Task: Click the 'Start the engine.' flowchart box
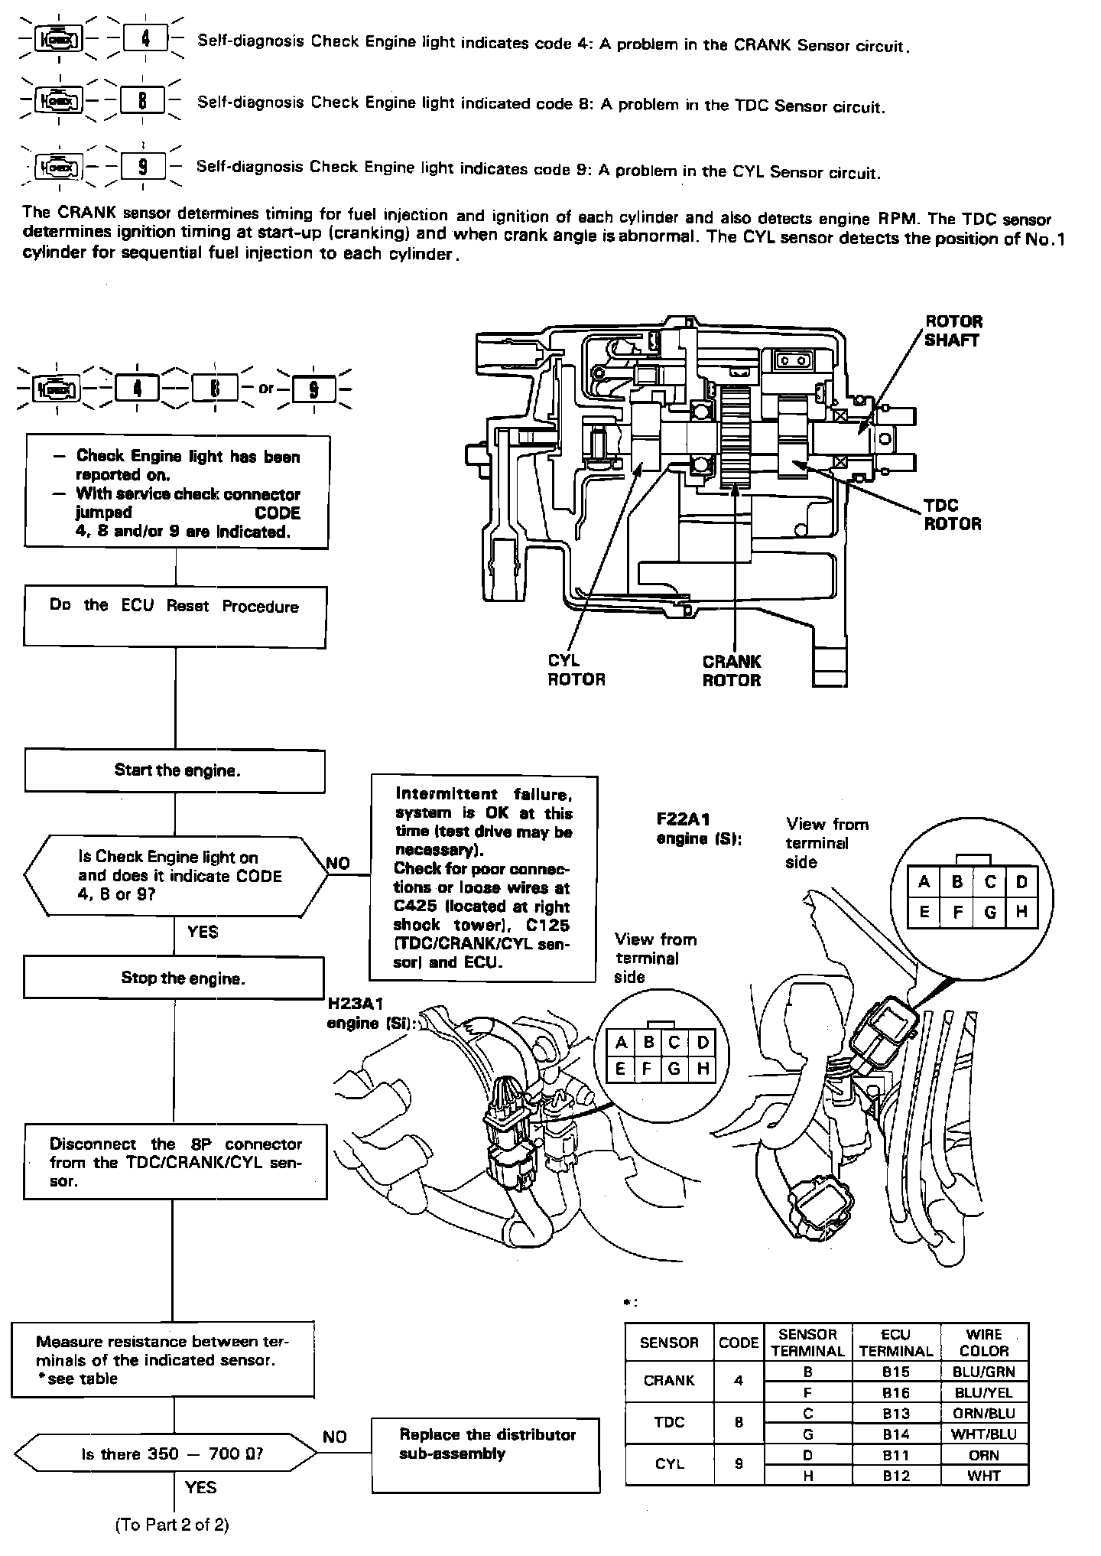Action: click(175, 771)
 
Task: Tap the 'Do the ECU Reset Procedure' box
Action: click(175, 617)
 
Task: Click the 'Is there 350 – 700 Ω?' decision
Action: click(171, 1453)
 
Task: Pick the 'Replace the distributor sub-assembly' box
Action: click(486, 1455)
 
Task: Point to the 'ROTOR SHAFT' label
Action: click(953, 330)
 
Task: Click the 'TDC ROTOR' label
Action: click(952, 515)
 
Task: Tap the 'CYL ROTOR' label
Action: click(576, 669)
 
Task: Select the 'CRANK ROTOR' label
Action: click(732, 671)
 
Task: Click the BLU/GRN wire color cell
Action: click(984, 1372)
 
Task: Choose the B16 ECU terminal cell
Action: click(895, 1393)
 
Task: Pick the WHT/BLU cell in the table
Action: click(984, 1434)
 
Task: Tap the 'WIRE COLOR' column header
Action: click(984, 1343)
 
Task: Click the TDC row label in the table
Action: click(669, 1424)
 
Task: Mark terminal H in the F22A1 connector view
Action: click(1021, 912)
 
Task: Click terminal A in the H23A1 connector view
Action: click(621, 1043)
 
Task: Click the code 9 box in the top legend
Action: click(143, 166)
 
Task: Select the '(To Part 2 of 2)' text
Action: click(172, 1525)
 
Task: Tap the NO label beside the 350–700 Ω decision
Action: click(335, 1437)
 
